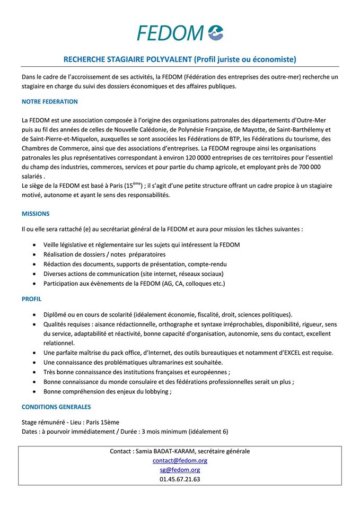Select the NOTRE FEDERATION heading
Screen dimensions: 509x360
pyautogui.click(x=49, y=101)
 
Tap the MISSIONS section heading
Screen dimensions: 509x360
pyautogui.click(x=36, y=214)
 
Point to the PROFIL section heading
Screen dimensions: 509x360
pyautogui.click(x=31, y=299)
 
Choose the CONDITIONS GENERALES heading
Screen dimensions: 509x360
pyautogui.click(x=56, y=407)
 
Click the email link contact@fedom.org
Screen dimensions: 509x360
pyautogui.click(x=180, y=460)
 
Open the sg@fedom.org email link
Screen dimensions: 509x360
pyautogui.click(x=180, y=470)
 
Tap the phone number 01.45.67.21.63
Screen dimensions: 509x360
pyautogui.click(x=180, y=479)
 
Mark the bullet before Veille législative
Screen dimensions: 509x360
pyautogui.click(x=34, y=245)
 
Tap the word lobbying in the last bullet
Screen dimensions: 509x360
pyautogui.click(x=155, y=391)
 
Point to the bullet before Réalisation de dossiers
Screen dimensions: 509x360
pyautogui.click(x=34, y=254)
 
